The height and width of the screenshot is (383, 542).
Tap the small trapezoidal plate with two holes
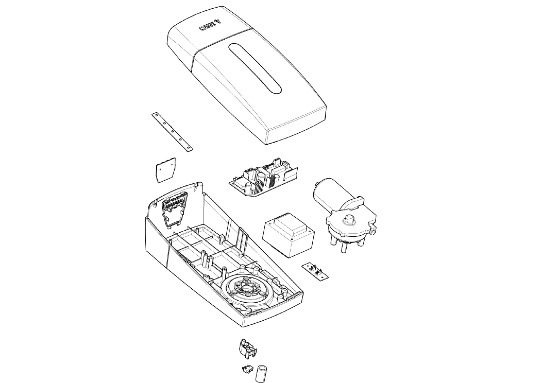[x=165, y=170]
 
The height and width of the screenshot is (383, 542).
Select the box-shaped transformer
[x=288, y=234]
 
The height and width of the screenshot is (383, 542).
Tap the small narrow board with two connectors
[x=315, y=271]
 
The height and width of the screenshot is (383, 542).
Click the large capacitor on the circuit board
[x=261, y=177]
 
